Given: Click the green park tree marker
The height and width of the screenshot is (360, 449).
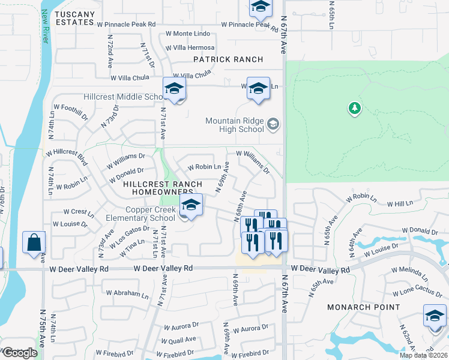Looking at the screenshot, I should (x=354, y=108).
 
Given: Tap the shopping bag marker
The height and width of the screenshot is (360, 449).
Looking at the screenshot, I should (x=34, y=243).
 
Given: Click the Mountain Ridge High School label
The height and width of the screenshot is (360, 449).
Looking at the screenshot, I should (x=235, y=125).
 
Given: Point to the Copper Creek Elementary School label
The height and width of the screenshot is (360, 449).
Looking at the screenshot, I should (x=151, y=214).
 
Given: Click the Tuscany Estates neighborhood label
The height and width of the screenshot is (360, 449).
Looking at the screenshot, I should (x=77, y=18).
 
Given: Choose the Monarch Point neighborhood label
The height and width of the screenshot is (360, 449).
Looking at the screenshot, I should (x=363, y=307).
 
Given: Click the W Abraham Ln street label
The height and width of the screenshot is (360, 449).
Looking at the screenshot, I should (x=125, y=295).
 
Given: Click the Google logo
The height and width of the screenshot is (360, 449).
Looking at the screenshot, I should (x=20, y=353).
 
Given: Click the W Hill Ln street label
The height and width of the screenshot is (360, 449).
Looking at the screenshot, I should (x=402, y=204).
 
